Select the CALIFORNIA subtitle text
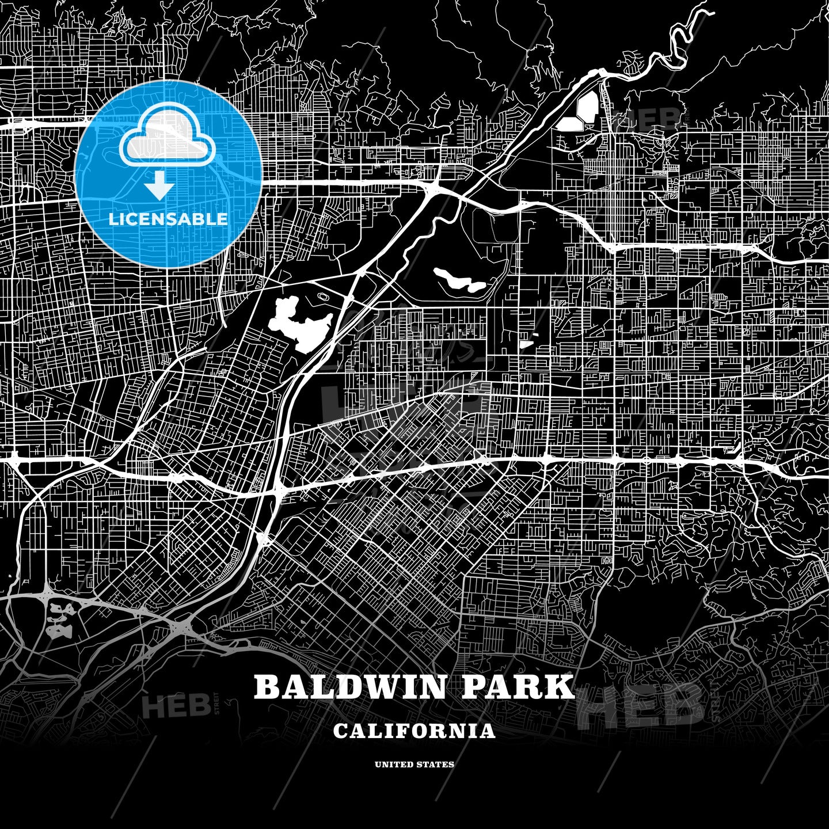pos(414,731)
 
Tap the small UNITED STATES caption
pos(414,765)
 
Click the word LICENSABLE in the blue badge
pos(168,219)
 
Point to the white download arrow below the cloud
pos(159,187)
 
